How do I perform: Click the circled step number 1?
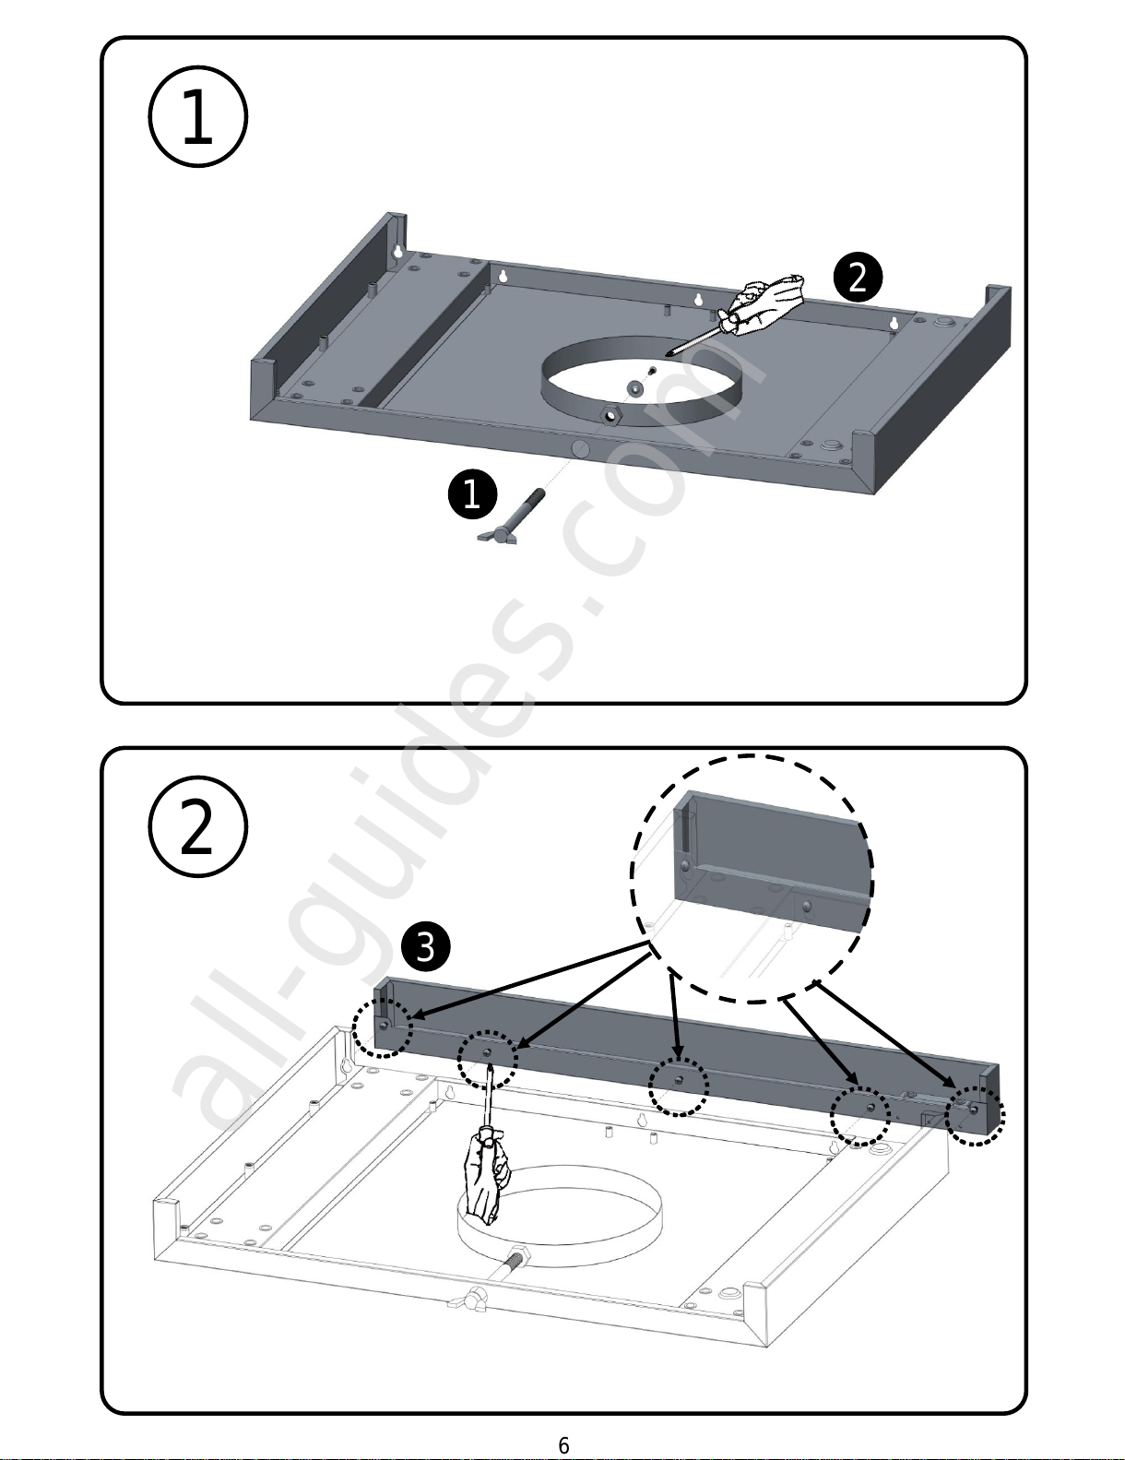(x=197, y=117)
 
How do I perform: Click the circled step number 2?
(x=197, y=827)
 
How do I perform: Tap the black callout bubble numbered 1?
(x=472, y=493)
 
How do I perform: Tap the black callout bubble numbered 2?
(x=858, y=278)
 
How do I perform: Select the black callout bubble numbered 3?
(x=426, y=947)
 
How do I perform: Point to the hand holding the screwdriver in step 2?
(x=485, y=1176)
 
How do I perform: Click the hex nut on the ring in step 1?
(x=611, y=416)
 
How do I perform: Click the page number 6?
(x=563, y=1445)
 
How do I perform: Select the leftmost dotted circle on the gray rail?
(x=383, y=1027)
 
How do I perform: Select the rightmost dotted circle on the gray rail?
(x=976, y=1113)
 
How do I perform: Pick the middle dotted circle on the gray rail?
(x=679, y=1086)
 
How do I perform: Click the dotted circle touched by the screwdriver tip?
(x=488, y=1057)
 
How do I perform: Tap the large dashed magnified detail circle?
(x=752, y=878)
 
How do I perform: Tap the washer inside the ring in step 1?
(x=635, y=388)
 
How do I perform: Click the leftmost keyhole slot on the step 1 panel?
(x=397, y=251)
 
